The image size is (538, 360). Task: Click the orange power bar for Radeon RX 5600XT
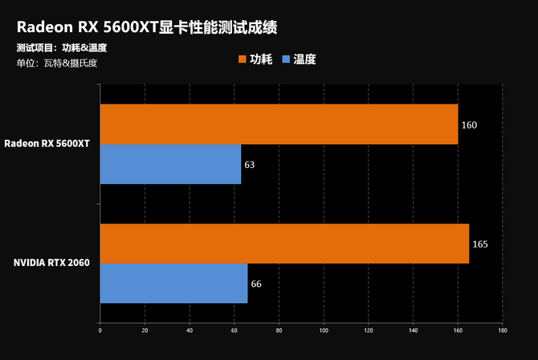coord(279,125)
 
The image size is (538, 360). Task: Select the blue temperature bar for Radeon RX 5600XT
coord(170,164)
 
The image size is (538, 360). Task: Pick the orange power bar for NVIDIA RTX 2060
coord(284,243)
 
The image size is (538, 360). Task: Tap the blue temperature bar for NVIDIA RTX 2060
coord(173,284)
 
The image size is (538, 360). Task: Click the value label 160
coord(469,125)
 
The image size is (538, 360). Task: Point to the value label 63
coord(250,165)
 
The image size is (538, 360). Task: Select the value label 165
coord(480,244)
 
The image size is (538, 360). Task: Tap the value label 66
coord(256,284)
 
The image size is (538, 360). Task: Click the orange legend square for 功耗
coord(242,59)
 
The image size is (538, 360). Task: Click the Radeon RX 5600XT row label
coord(47,143)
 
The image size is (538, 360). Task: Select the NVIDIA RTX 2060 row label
coord(51,263)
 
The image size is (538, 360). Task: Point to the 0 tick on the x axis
coord(100,329)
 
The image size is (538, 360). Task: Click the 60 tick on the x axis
coord(234,329)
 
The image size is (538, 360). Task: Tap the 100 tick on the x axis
coord(324,329)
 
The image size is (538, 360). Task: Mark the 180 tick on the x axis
coord(502,329)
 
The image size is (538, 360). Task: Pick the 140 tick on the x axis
coord(413,329)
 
